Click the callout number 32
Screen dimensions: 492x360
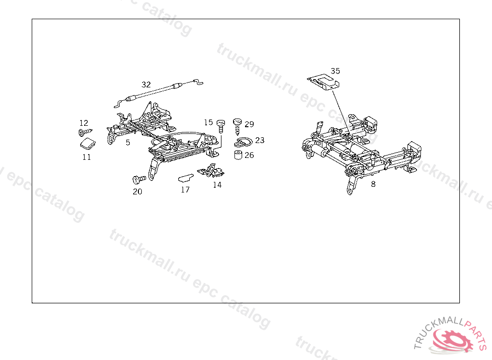pos(146,84)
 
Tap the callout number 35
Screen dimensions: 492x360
pos(335,71)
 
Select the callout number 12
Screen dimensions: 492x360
pos(84,123)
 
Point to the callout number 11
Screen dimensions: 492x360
pos(86,157)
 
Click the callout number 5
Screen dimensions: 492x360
pos(128,143)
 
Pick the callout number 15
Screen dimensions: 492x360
pos(208,122)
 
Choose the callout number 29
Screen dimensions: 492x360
pos(249,124)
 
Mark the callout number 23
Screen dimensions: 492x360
pos(259,140)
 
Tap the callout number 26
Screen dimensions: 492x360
pos(249,155)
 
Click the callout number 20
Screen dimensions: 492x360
pos(137,191)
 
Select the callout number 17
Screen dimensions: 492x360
pos(185,190)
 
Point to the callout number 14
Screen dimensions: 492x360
pos(217,185)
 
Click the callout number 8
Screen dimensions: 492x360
pos(373,183)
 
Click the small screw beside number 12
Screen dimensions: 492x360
pos(86,131)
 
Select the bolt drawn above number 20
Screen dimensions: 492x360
pos(139,180)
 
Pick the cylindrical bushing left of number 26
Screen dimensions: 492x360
pos(237,155)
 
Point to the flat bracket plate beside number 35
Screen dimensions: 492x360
pos(323,81)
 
